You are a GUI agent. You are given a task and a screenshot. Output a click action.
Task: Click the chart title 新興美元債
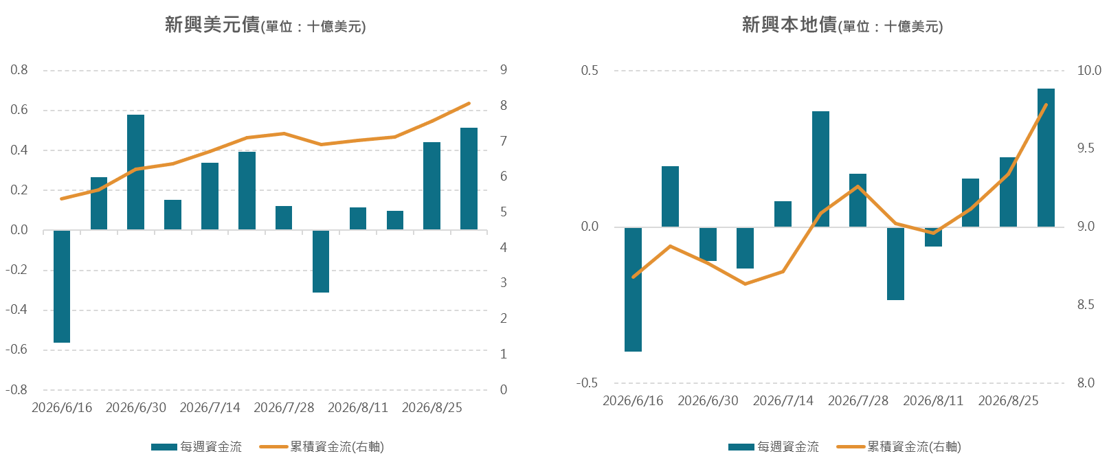point(212,25)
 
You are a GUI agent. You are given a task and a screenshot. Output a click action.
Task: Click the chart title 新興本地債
point(789,25)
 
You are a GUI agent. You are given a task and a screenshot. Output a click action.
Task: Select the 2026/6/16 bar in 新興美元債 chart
point(62,286)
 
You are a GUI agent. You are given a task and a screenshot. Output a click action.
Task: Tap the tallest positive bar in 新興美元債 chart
point(135,172)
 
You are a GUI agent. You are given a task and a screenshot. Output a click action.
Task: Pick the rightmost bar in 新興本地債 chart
point(1046,158)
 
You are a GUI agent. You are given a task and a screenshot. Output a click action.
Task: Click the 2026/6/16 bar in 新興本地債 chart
point(634,289)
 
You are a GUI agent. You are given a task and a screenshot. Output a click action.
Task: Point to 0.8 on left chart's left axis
point(19,70)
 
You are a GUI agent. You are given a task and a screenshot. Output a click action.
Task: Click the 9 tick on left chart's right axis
point(504,70)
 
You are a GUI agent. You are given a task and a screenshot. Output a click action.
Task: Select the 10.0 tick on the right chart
point(1089,70)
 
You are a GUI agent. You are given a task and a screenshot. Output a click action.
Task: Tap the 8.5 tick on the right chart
point(1086,305)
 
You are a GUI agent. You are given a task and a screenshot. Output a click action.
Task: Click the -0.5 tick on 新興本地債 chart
point(587,383)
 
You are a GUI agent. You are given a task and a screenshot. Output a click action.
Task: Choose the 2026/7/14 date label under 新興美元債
point(210,407)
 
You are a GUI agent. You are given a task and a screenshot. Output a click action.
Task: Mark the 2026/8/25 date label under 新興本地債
point(1009,400)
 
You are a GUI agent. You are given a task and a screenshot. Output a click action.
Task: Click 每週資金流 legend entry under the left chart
point(197,446)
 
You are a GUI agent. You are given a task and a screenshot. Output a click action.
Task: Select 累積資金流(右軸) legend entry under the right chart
point(899,446)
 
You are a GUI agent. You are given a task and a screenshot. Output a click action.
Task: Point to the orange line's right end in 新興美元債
point(469,104)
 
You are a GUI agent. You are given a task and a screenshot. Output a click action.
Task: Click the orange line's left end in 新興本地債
point(634,277)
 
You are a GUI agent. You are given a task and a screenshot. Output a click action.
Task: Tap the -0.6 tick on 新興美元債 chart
point(16,349)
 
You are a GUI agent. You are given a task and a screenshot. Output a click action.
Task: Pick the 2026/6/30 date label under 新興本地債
point(708,400)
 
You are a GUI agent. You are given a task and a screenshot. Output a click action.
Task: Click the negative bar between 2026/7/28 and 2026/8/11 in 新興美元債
point(321,262)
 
